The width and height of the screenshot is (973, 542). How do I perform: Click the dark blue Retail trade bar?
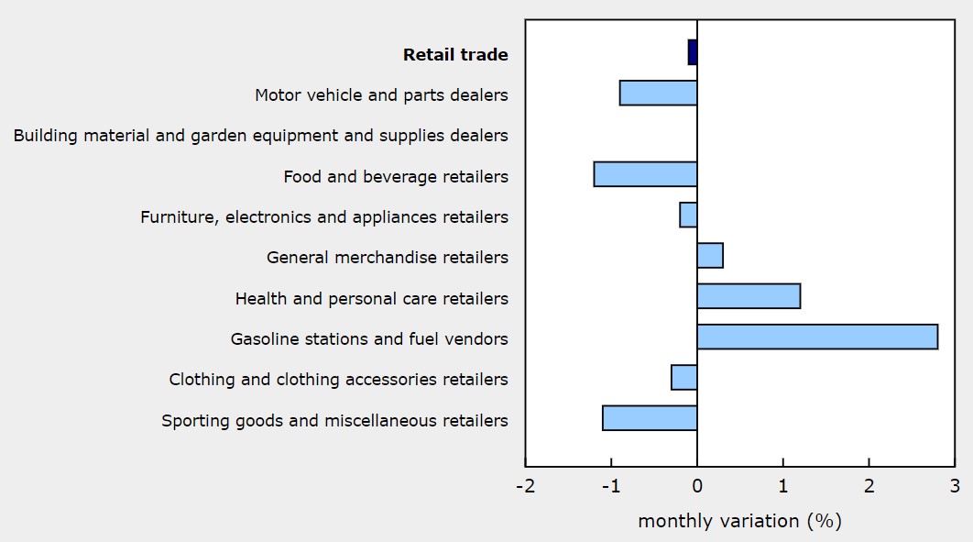(x=693, y=52)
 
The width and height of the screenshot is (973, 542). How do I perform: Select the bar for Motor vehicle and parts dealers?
(x=658, y=93)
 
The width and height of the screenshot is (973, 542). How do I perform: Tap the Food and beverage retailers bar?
(x=645, y=174)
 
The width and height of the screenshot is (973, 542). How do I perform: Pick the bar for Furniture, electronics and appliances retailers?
(x=688, y=215)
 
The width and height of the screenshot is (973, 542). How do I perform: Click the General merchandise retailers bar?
(x=710, y=255)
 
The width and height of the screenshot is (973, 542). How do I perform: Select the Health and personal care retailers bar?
(x=749, y=296)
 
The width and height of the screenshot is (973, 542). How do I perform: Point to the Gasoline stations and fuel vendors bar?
(x=817, y=337)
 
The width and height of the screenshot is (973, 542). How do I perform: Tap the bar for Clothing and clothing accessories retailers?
(x=684, y=377)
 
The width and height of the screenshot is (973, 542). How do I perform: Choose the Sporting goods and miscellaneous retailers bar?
(x=650, y=418)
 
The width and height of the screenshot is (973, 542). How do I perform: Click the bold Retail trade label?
(x=455, y=55)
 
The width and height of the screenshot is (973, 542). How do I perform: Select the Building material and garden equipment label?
(x=260, y=136)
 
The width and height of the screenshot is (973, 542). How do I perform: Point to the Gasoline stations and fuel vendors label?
(x=369, y=339)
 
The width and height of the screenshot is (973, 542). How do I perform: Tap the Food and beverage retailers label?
(x=396, y=177)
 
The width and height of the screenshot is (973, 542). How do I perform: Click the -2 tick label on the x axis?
(x=525, y=485)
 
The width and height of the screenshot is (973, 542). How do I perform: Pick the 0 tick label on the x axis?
(x=697, y=485)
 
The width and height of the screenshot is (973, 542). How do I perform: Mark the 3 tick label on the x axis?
(x=954, y=485)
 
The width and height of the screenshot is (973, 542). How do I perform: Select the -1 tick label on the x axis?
(x=610, y=485)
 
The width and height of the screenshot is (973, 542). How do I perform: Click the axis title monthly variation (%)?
(x=739, y=521)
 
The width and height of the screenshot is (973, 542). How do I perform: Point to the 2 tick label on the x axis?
(x=869, y=485)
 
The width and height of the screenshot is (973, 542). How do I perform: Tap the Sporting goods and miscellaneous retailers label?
(x=334, y=421)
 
